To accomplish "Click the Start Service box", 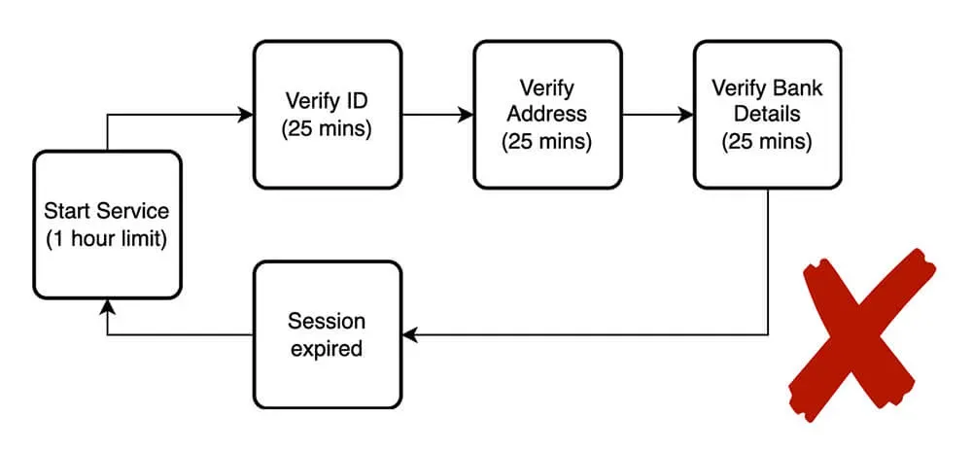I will [107, 224].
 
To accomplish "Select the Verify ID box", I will [328, 114].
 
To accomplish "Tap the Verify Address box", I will [547, 114].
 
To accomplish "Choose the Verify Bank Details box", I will [767, 114].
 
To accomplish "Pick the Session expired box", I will [327, 333].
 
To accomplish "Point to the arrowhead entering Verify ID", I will [246, 115].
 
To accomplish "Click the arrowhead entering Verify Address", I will [466, 115].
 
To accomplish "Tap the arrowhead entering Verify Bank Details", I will [685, 115].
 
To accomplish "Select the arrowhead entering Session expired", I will [410, 334].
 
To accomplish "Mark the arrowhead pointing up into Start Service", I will [107, 306].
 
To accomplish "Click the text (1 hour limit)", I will [107, 238].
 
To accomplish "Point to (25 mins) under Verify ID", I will [328, 128].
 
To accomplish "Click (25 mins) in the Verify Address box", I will [547, 141].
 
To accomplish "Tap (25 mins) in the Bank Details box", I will [767, 141].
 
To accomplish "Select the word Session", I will [327, 321].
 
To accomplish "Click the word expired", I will [327, 347].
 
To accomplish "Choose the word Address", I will [547, 114].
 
